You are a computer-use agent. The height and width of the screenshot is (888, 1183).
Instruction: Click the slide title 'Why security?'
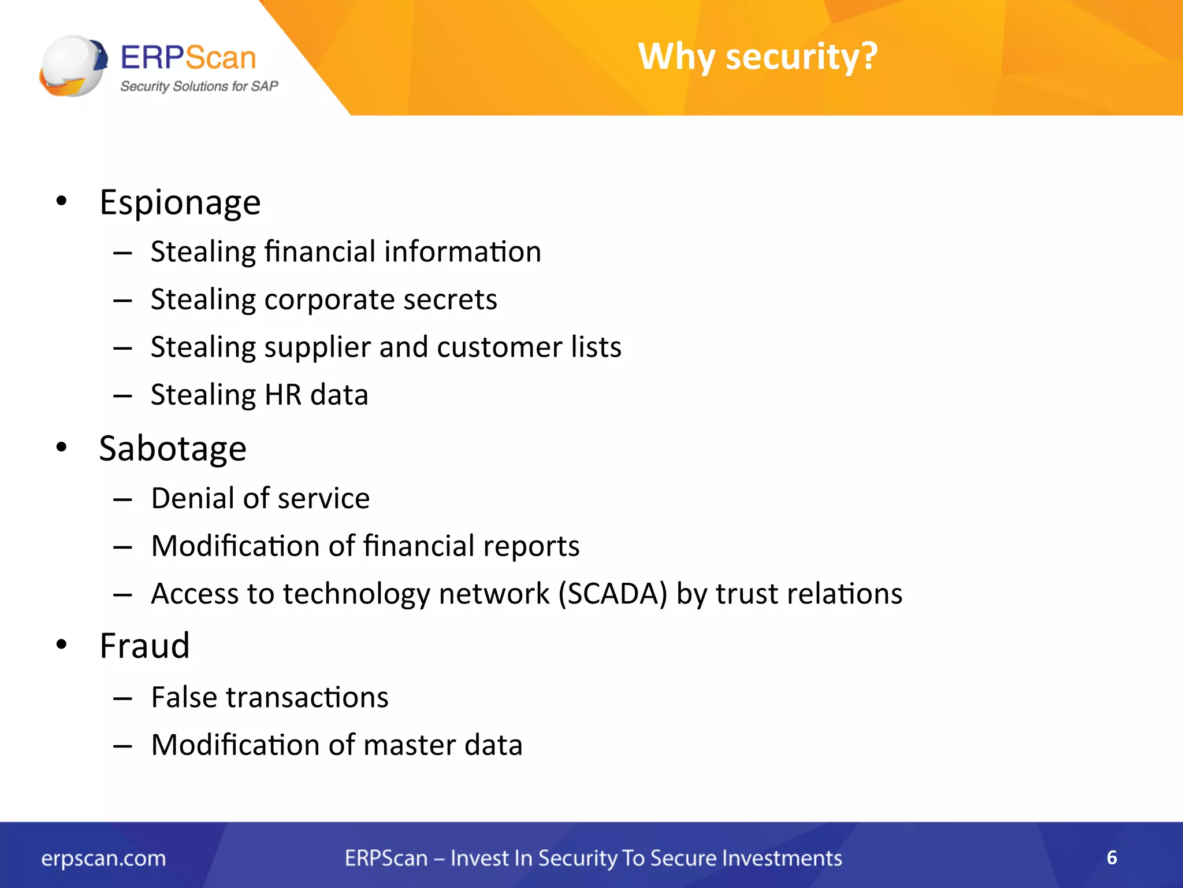coord(757,57)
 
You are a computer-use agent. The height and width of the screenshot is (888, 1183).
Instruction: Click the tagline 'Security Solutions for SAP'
coord(199,87)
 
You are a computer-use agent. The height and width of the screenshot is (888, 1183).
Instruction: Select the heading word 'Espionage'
coord(180,203)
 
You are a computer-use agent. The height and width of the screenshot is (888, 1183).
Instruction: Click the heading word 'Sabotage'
coord(173,449)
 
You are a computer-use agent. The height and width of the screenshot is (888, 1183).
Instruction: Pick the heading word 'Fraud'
coord(144,646)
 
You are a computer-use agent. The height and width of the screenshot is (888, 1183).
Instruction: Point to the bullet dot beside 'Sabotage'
coord(62,447)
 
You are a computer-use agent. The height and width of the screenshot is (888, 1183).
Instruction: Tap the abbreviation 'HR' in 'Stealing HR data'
coord(283,395)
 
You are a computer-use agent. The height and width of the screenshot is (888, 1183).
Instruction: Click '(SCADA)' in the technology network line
coord(612,594)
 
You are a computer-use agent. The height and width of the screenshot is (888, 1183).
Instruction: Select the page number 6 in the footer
coord(1111,857)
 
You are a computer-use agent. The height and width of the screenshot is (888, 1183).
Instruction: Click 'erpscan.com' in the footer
coord(103,859)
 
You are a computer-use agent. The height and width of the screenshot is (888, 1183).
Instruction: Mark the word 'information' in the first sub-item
coord(462,252)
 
